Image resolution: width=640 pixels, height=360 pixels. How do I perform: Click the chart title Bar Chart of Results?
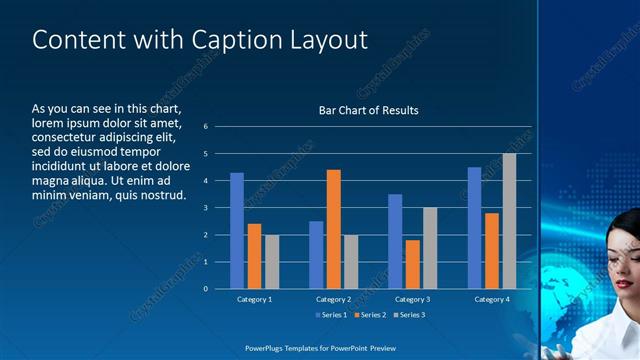[368, 110]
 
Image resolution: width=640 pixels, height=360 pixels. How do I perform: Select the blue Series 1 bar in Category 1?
[237, 231]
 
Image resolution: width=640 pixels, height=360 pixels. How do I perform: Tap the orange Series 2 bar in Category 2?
[333, 229]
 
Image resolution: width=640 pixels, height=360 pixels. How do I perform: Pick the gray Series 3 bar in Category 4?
[509, 221]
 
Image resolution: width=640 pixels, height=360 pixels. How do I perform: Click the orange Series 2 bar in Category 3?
[412, 264]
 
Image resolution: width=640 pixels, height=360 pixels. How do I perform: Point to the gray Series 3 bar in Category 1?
[272, 262]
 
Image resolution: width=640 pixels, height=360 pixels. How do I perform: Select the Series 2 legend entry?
[369, 315]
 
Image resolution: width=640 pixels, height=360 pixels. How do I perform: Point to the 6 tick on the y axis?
[205, 127]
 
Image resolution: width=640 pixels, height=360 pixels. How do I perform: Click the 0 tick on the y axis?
[205, 289]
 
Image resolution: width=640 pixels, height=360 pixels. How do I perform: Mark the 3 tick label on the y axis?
[205, 208]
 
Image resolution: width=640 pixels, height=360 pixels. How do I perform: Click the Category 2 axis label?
[333, 299]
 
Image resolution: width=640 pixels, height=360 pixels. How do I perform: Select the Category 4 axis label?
[491, 299]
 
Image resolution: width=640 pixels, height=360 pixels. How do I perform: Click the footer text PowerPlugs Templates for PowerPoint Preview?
[320, 347]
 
